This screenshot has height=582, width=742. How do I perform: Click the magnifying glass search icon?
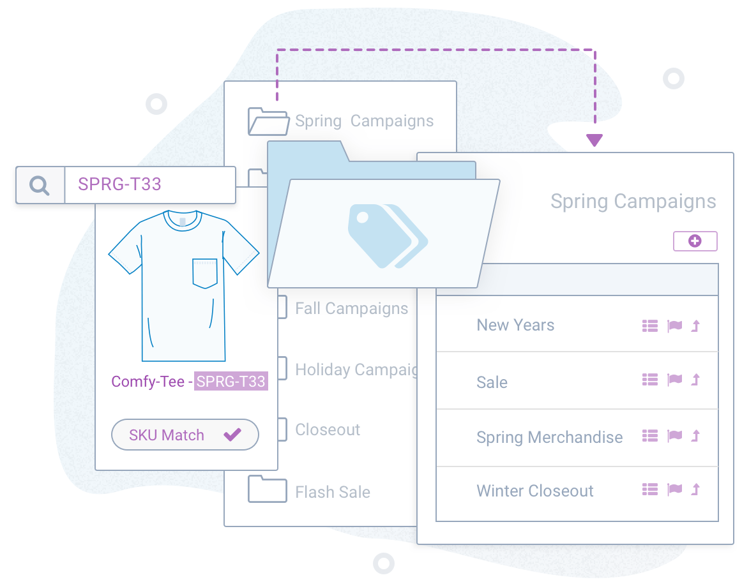[x=40, y=185]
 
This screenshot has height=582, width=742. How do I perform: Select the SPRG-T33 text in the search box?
[x=119, y=184]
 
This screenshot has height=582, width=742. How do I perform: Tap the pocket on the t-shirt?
[x=205, y=273]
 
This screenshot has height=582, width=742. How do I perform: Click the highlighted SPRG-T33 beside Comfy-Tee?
[x=231, y=382]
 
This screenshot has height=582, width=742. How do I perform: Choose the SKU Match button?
[x=185, y=435]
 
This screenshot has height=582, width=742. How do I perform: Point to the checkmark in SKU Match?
[x=232, y=435]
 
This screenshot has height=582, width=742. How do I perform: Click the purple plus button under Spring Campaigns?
[x=695, y=241]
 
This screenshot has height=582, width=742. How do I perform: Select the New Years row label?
[x=515, y=325]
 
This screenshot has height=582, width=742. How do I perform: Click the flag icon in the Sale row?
[x=674, y=380]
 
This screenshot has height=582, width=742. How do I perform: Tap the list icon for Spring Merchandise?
[x=649, y=436]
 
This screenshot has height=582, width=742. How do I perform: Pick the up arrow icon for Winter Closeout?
[x=696, y=489]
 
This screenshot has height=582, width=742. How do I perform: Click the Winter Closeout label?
[x=535, y=491]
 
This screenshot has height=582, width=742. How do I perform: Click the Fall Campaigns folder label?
[x=351, y=309]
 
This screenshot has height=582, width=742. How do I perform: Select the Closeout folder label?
[x=328, y=429]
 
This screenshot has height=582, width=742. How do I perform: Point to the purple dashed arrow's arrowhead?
[x=594, y=140]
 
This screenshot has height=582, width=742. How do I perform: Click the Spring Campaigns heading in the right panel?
[x=633, y=202]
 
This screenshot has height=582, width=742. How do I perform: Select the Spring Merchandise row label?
[x=549, y=438]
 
